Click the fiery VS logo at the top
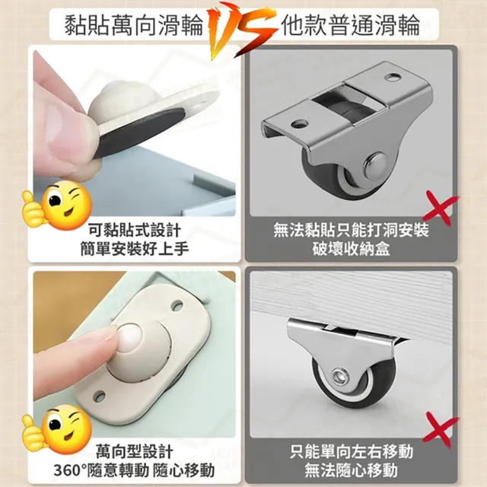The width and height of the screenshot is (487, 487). tap(242, 30)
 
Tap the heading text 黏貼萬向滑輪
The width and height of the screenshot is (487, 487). tap(134, 25)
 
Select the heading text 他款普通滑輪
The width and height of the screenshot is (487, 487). tap(351, 25)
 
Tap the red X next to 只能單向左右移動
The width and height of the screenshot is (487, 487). tap(441, 429)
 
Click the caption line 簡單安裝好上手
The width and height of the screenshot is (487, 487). tap(135, 249)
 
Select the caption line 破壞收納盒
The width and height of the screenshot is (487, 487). tap(351, 249)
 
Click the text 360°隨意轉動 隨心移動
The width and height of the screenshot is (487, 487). tap(134, 470)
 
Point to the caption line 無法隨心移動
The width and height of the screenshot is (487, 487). tap(351, 470)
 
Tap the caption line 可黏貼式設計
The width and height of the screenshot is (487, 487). tap(135, 231)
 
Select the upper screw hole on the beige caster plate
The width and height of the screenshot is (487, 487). tap(177, 305)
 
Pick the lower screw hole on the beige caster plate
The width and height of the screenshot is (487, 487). tap(100, 396)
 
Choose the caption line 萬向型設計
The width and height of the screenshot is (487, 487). tap(135, 451)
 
